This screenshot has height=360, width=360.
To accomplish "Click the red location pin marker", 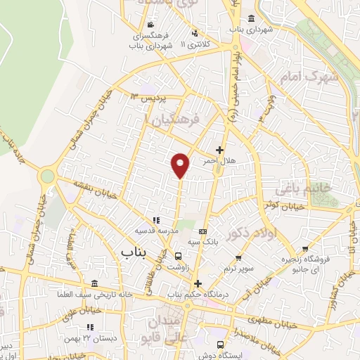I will (181, 165).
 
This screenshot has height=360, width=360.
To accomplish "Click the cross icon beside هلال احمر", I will (219, 150).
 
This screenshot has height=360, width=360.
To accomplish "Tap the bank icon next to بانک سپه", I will (204, 231).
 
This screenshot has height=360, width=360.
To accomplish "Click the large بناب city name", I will (136, 250).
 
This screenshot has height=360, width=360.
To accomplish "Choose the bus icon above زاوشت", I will (179, 257).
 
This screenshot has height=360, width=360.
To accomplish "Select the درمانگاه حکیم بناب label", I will (198, 294).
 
